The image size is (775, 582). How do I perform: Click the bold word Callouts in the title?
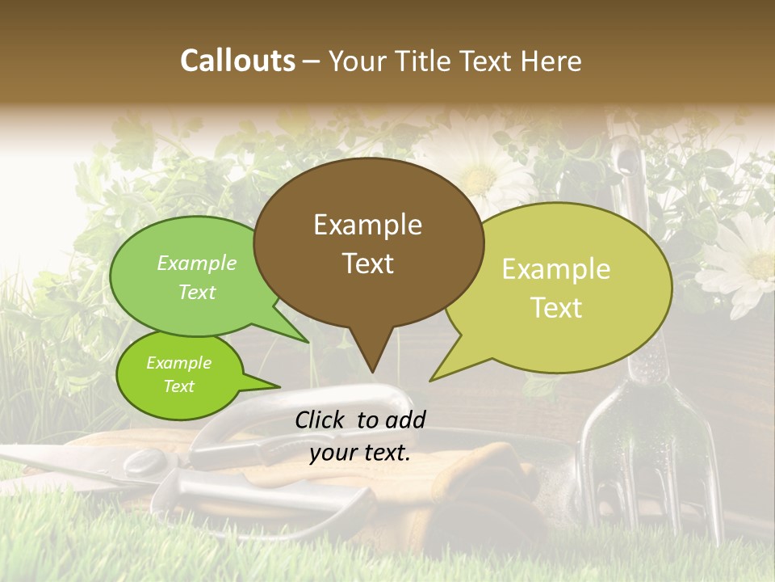(x=237, y=61)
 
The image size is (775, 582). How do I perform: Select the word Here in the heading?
(x=553, y=61)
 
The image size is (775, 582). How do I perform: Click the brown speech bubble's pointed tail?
(x=372, y=356)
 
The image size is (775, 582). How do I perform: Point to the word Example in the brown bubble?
(x=367, y=225)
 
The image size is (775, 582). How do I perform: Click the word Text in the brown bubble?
(x=367, y=264)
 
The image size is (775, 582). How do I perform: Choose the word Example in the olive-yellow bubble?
(x=556, y=269)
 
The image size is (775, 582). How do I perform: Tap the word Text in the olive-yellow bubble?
(x=556, y=308)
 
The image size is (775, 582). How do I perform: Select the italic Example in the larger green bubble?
(x=197, y=263)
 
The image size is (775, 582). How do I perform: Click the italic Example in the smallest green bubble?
(x=178, y=363)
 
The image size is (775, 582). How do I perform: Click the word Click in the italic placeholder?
(x=321, y=419)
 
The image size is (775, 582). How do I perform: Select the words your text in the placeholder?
(x=360, y=453)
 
